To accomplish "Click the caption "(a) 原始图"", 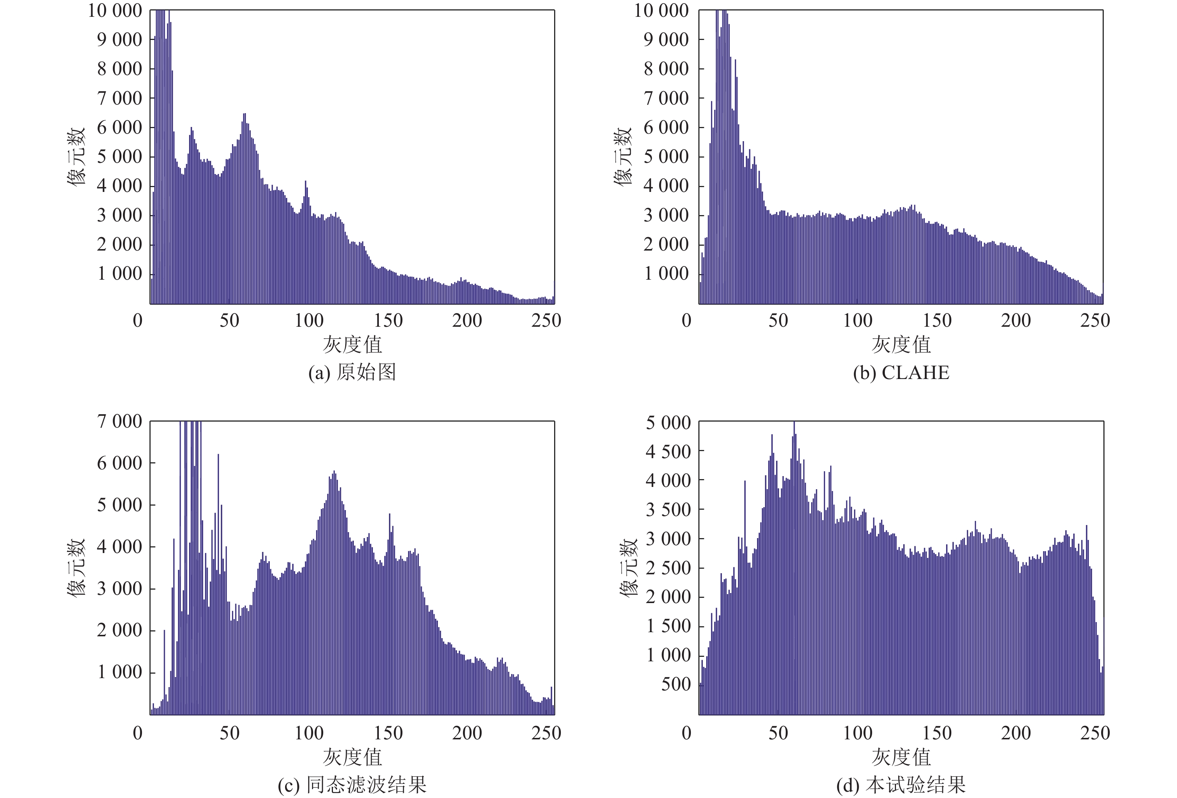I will coord(352,372).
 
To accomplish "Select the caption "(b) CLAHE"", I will coord(901,372).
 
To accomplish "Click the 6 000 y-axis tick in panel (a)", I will coord(120,127).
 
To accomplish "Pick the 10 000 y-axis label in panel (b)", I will coord(661,10).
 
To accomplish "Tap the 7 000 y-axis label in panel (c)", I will coord(120,421).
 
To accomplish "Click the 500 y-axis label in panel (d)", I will coord(676,684).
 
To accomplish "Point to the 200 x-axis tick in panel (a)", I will coord(467,320).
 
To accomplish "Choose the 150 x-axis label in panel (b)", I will coord(937,320).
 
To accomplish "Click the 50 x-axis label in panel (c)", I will coord(229,733).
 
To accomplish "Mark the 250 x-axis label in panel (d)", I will coord(1095,733).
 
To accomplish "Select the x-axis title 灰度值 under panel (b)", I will coord(901,345).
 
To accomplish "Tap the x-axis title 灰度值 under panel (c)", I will coord(352,757).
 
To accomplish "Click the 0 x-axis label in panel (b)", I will coord(687,320).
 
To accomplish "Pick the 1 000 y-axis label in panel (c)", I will coord(120,672).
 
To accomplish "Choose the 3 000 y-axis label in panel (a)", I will coord(120,215).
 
